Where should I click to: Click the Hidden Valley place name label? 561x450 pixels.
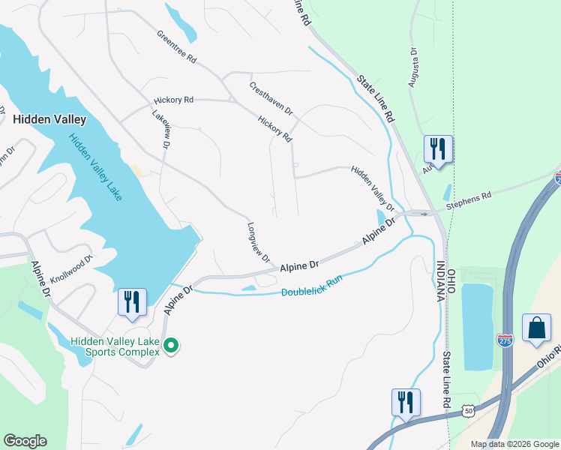pos(49,119)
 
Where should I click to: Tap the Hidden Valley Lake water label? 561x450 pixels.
pos(95,166)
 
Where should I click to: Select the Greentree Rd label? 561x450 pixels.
pos(176,46)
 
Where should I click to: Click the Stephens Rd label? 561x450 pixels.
pos(468,199)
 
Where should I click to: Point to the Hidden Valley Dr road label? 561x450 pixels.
pos(373,189)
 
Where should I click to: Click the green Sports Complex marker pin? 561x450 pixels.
pos(171,346)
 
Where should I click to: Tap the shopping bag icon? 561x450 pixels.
pos(536,328)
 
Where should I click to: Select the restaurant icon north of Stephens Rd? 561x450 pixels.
pos(438,148)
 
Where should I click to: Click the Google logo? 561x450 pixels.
pos(25,441)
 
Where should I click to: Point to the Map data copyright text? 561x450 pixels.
pos(514,444)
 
